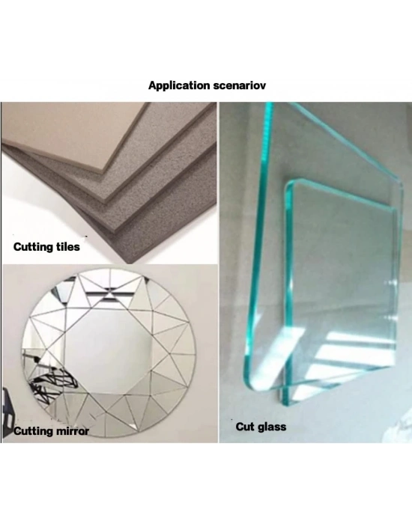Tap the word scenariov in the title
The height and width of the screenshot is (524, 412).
tap(240, 85)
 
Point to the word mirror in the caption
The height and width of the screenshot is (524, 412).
tap(72, 431)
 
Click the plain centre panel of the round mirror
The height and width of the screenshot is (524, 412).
tap(108, 351)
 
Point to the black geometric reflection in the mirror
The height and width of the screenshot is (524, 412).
tap(53, 384)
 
